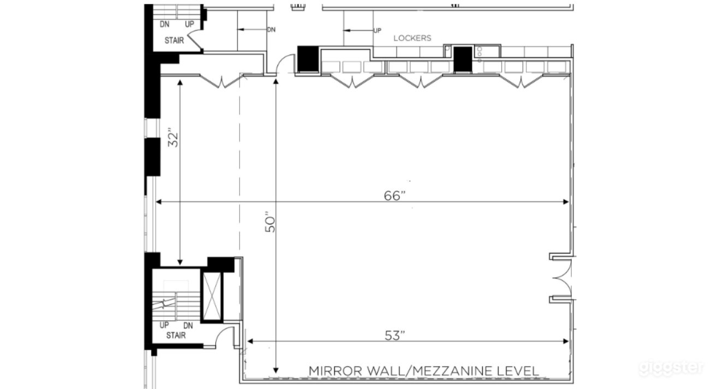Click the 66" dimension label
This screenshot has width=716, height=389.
(397, 196)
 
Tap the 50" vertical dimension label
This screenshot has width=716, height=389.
(271, 222)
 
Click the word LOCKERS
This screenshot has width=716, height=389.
(412, 38)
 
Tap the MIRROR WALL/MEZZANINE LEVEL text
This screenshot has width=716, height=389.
(424, 371)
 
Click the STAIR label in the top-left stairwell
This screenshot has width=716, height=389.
(175, 40)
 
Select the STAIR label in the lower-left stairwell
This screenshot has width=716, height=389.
(175, 335)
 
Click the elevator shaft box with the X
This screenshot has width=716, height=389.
(212, 294)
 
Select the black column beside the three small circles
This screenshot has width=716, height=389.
(463, 59)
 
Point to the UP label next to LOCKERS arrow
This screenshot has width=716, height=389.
(377, 31)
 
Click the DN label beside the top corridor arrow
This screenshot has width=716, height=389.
(271, 29)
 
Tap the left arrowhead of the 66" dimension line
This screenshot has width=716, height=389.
(159, 202)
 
